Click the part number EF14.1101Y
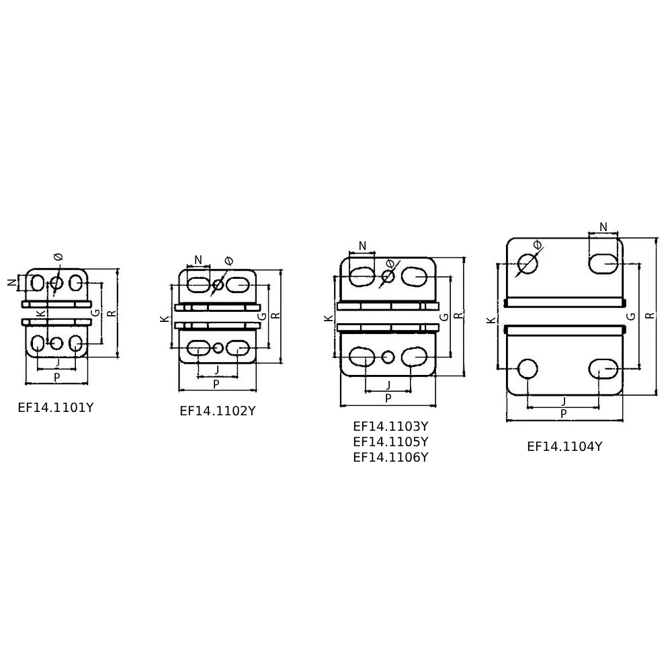click(56, 408)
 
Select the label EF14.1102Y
click(218, 411)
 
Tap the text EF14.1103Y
click(390, 427)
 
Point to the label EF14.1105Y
click(390, 442)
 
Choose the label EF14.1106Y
click(390, 457)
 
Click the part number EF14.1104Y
click(564, 447)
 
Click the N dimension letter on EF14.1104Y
click(603, 227)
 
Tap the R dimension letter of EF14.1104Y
click(650, 315)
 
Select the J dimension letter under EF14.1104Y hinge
click(564, 402)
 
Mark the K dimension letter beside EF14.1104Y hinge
click(491, 320)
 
